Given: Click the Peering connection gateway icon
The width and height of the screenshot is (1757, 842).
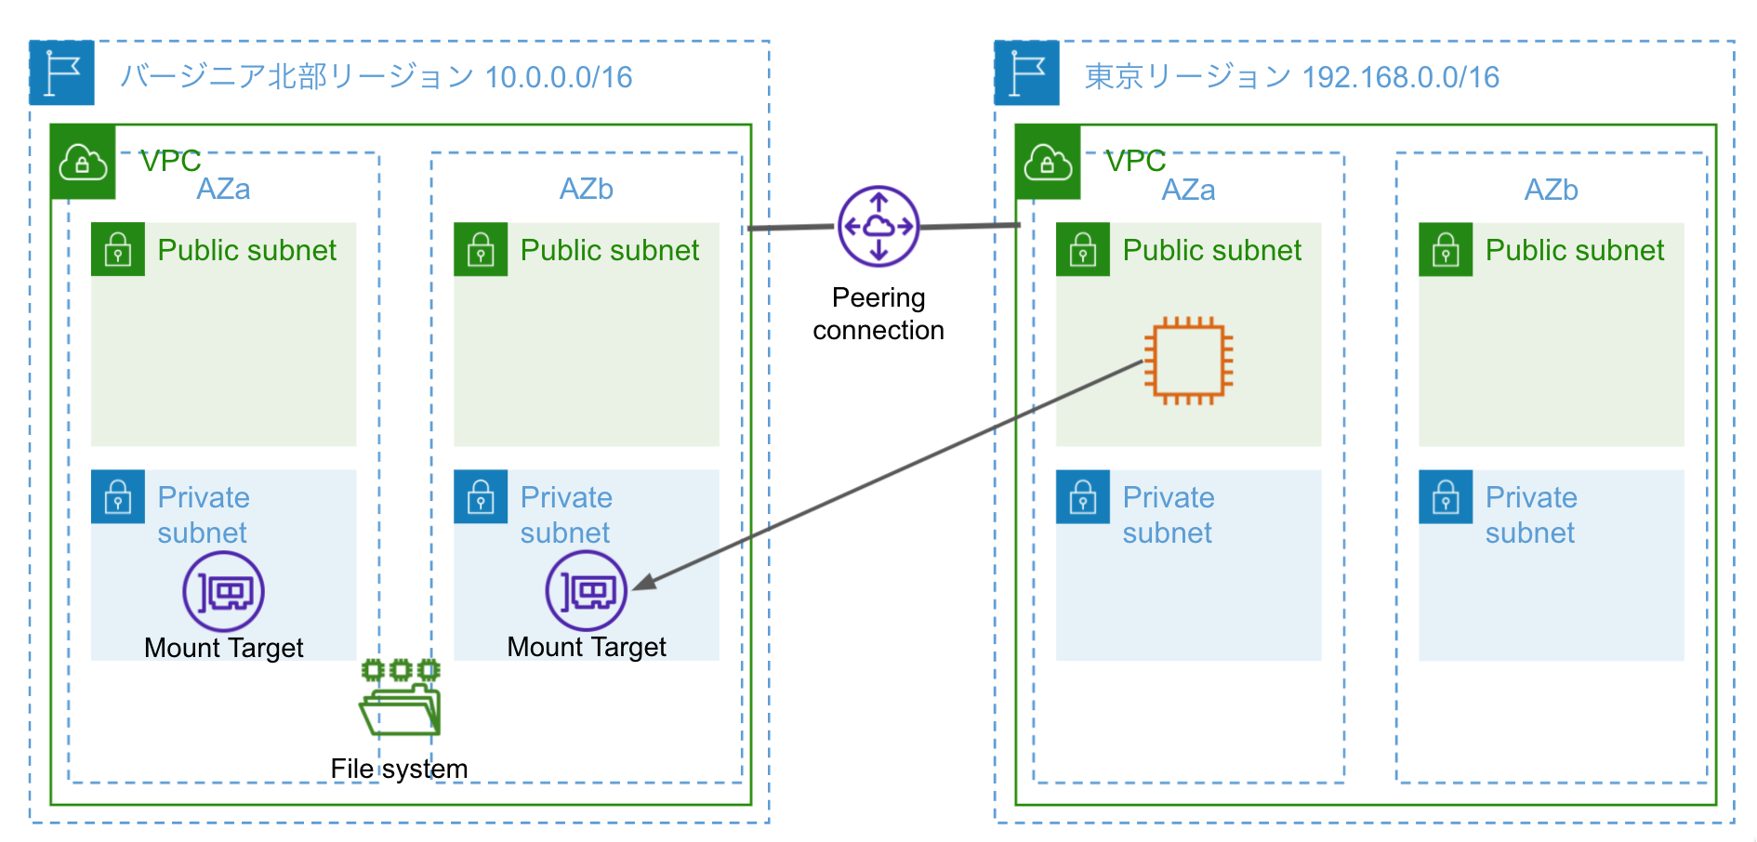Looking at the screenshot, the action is (x=878, y=226).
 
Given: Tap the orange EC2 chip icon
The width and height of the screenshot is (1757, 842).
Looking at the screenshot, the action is (x=1188, y=361).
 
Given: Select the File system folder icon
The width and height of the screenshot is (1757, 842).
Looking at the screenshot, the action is (x=401, y=698).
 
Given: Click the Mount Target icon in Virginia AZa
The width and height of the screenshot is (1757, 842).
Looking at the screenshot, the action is (x=224, y=591).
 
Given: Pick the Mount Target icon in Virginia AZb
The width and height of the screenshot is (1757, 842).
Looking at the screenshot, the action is (x=587, y=591).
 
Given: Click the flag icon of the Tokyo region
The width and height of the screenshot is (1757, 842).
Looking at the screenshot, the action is (x=1027, y=72).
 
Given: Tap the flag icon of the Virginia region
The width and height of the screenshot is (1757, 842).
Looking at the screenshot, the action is (x=62, y=72).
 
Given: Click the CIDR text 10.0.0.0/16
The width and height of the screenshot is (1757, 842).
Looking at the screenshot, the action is (x=559, y=77).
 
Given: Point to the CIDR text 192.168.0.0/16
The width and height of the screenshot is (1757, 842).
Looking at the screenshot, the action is (x=1401, y=77).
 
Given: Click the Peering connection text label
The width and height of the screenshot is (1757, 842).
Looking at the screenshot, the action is (x=878, y=314).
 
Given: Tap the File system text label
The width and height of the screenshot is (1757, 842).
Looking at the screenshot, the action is (x=399, y=769).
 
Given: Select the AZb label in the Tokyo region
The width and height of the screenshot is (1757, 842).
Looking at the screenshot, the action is (x=1551, y=190).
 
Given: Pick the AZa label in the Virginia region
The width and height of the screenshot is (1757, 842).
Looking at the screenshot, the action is (x=223, y=190).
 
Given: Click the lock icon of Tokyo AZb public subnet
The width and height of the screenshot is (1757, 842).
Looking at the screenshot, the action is (x=1446, y=249).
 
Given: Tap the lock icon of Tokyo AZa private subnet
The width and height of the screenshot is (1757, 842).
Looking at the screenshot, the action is (x=1083, y=496).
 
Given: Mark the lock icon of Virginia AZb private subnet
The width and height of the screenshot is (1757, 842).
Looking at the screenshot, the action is (x=481, y=496).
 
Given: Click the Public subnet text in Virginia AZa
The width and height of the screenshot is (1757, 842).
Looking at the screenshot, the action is (x=247, y=250).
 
